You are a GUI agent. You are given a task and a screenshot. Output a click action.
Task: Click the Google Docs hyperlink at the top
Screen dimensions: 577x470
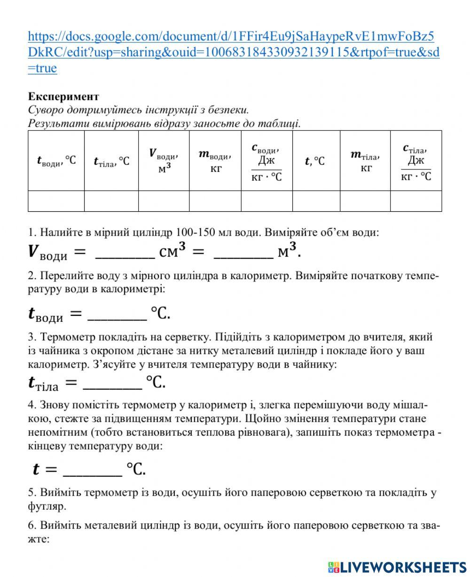click(x=233, y=52)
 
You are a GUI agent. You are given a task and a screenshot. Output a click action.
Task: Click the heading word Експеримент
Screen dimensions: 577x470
click(x=63, y=96)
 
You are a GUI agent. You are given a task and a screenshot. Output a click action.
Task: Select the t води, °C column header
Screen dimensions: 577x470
click(x=56, y=160)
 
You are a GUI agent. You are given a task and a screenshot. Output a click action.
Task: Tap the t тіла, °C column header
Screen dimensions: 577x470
click(x=111, y=160)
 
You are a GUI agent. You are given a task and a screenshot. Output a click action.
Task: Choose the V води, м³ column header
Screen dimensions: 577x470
click(x=164, y=160)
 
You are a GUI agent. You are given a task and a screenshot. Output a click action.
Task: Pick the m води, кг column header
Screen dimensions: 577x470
click(x=215, y=160)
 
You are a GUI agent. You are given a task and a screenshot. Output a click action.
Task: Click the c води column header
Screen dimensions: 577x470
click(x=266, y=160)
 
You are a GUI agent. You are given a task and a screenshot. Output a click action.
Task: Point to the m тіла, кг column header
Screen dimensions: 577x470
click(x=365, y=160)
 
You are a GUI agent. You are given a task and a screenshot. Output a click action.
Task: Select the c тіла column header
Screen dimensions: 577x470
click(x=416, y=160)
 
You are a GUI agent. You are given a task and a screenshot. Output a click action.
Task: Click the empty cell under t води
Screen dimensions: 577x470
click(x=56, y=201)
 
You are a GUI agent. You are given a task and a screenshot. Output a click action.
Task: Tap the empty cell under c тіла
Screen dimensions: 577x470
click(x=416, y=201)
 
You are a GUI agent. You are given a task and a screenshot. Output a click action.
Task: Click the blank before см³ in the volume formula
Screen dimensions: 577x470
click(x=125, y=253)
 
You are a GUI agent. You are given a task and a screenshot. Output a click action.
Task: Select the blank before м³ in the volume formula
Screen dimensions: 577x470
click(x=243, y=253)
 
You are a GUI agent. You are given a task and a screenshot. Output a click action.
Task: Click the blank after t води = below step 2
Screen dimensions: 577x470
click(x=117, y=313)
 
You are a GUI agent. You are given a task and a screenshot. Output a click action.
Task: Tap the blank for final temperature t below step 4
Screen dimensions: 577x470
click(x=92, y=469)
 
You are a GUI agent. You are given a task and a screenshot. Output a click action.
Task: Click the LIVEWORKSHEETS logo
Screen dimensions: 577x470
click(x=397, y=567)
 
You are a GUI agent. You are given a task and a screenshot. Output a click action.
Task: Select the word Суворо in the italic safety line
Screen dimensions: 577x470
click(x=45, y=110)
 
